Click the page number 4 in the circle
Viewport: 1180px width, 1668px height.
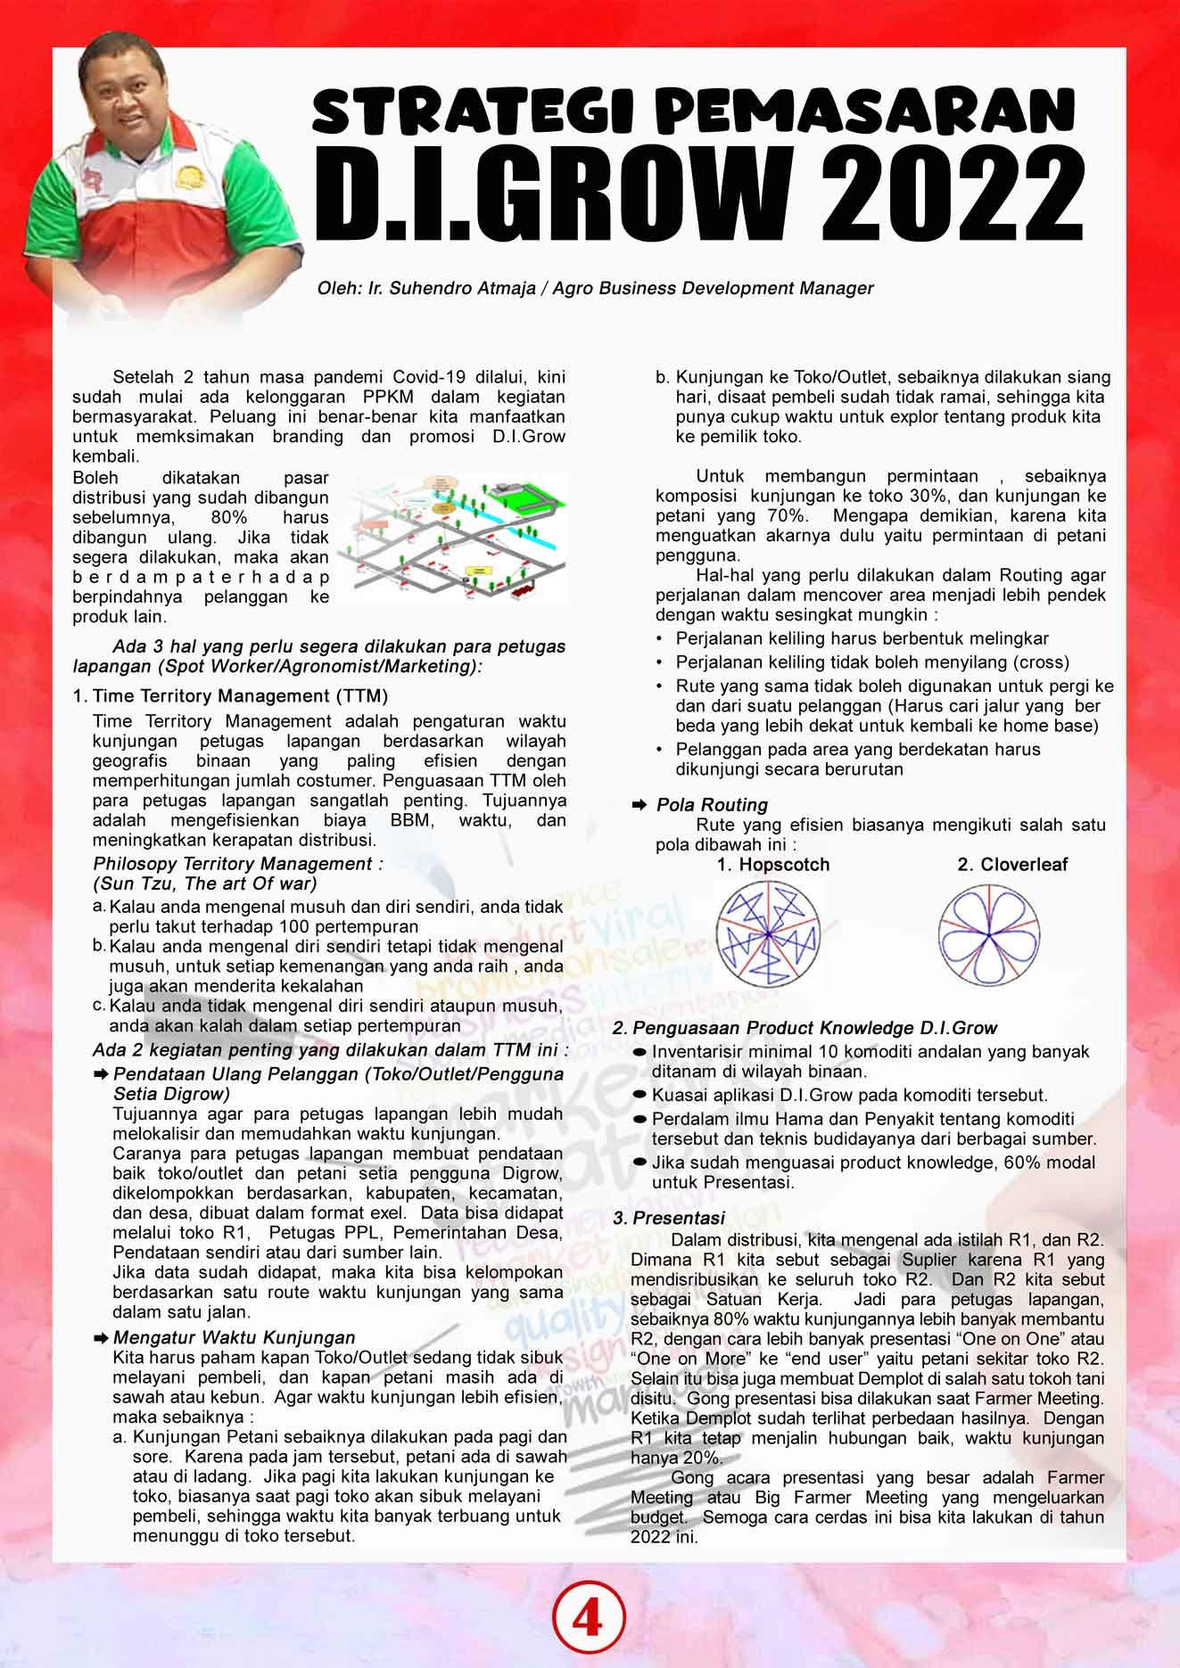pyautogui.click(x=589, y=1621)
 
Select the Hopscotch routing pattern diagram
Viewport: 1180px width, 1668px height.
pyautogui.click(x=767, y=933)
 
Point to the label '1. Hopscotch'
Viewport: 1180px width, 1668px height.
pyautogui.click(x=772, y=865)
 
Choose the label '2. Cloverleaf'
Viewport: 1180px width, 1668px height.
pyautogui.click(x=1012, y=865)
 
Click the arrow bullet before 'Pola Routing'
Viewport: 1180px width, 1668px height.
pyautogui.click(x=639, y=805)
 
